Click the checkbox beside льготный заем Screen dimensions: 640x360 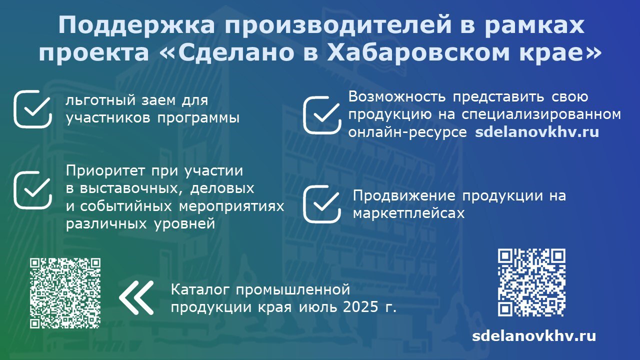tap(33, 109)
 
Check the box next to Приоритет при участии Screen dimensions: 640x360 tap(33, 189)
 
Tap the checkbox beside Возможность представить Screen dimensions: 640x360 tap(322, 115)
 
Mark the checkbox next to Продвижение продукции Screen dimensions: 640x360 tap(322, 203)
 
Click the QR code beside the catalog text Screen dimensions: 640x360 tap(65, 293)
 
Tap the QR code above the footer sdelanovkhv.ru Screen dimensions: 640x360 tap(531, 282)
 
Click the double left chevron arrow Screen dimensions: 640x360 tap(136, 297)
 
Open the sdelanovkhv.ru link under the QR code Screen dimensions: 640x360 tap(534, 335)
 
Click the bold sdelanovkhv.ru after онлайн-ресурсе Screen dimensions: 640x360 tap(537, 132)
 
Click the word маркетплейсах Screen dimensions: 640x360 tap(409, 213)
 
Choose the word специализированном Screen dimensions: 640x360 tap(541, 115)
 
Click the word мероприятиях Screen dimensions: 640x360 tap(231, 206)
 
